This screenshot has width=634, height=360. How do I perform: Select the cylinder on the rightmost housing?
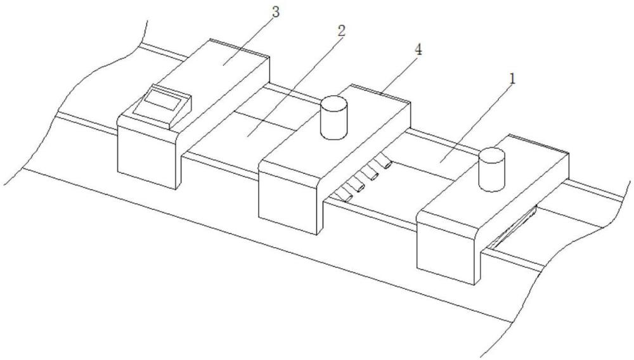click(x=491, y=169)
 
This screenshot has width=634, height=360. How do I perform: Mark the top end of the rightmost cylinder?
click(x=491, y=154)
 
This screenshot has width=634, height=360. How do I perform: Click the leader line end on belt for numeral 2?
click(x=250, y=134)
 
